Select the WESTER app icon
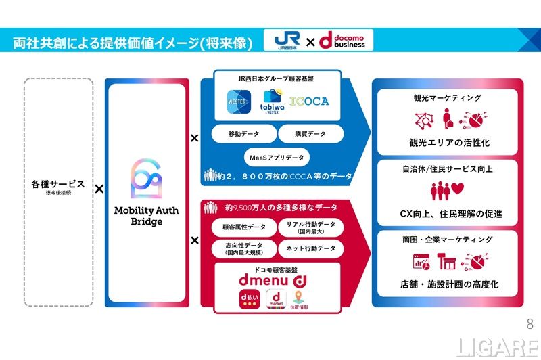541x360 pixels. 237,103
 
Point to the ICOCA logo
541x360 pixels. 310,102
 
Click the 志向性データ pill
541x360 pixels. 240,248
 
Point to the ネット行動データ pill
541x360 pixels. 310,248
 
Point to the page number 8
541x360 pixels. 529,322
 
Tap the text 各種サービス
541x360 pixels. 58,184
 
